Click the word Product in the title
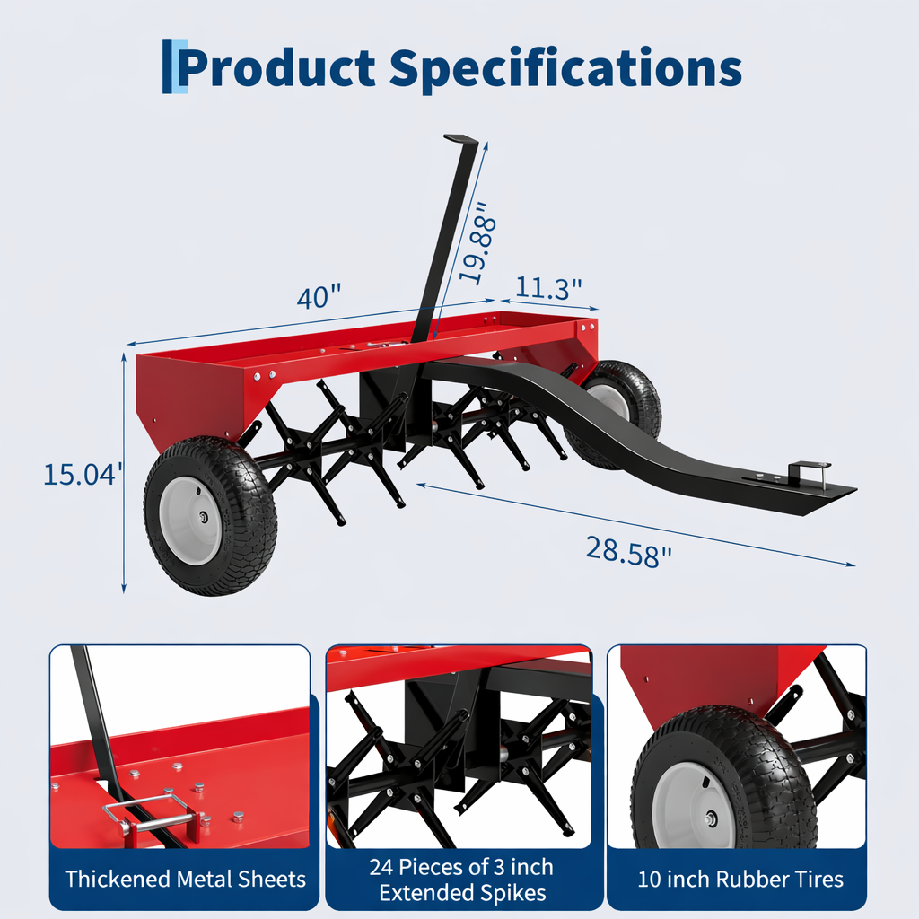click(x=278, y=67)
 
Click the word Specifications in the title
click(x=567, y=67)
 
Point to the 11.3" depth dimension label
click(x=548, y=287)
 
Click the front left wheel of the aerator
click(x=210, y=515)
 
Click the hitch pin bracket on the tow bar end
click(x=809, y=472)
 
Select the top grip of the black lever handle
click(x=460, y=139)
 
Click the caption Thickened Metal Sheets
click(x=185, y=879)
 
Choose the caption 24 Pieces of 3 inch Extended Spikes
click(x=461, y=880)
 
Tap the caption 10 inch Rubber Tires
click(x=740, y=879)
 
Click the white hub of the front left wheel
click(x=191, y=521)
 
